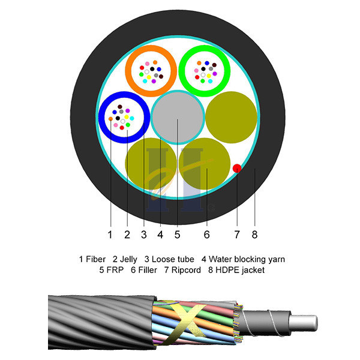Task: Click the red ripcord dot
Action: [x=237, y=168]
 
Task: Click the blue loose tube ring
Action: [x=105, y=118]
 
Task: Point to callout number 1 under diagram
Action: [x=110, y=233]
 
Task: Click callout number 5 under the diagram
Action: [x=177, y=233]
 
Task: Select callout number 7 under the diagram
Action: [x=237, y=233]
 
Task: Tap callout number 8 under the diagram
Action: [x=256, y=233]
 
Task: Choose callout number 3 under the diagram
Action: [x=144, y=233]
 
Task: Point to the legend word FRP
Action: [x=116, y=271]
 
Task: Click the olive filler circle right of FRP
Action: [x=232, y=116]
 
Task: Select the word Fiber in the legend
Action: [x=96, y=259]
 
